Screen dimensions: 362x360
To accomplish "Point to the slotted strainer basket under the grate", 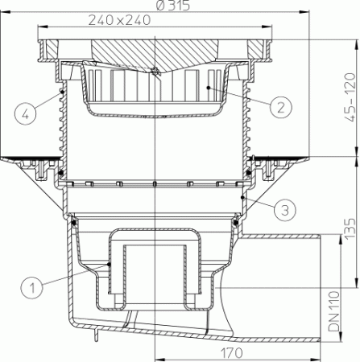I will (x=153, y=93).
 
